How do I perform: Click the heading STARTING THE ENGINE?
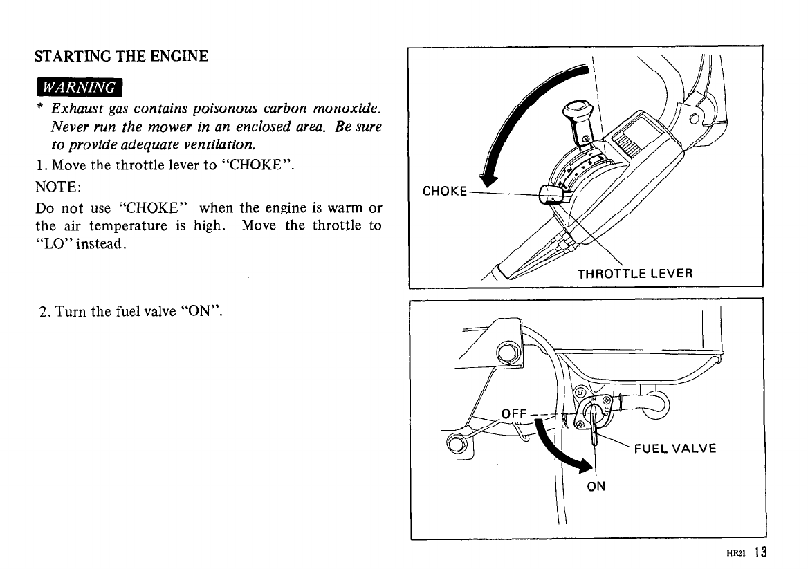[x=122, y=56]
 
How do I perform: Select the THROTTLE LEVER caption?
[x=635, y=272]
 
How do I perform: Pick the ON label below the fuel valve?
[x=596, y=486]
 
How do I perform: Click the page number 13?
[x=762, y=552]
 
